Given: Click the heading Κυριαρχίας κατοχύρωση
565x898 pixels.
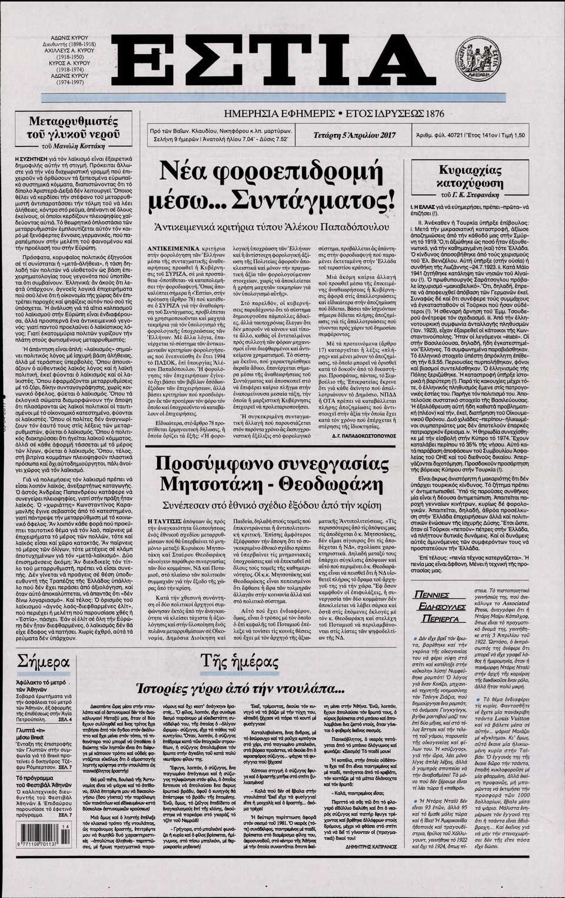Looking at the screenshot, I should (x=470, y=176).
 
